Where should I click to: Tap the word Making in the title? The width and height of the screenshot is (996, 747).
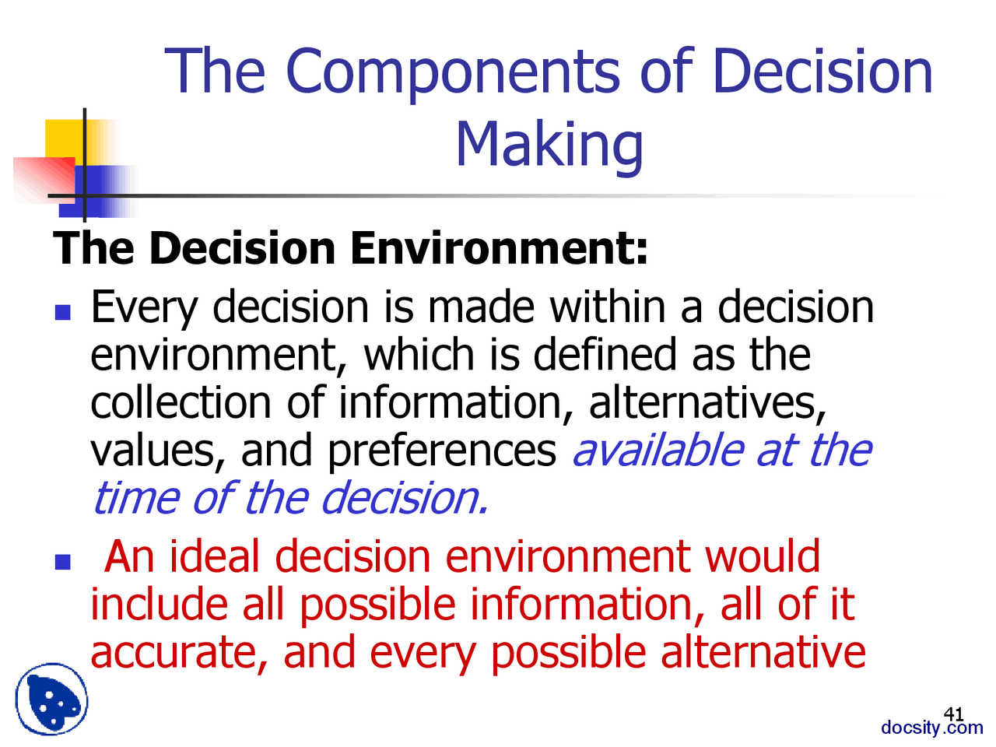coord(549,145)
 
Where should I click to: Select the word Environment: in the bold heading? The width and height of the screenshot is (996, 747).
coord(499,249)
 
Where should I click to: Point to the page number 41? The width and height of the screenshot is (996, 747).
coord(953,714)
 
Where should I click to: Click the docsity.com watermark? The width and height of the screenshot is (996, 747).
coord(931,728)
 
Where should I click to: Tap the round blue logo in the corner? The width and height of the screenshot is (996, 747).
coord(51,700)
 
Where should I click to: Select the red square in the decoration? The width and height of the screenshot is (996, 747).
coord(43,179)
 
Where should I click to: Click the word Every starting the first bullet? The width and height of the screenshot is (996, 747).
coord(145,308)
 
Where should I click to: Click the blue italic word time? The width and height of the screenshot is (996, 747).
coord(135,498)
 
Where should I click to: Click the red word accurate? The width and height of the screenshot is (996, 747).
coord(180,654)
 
